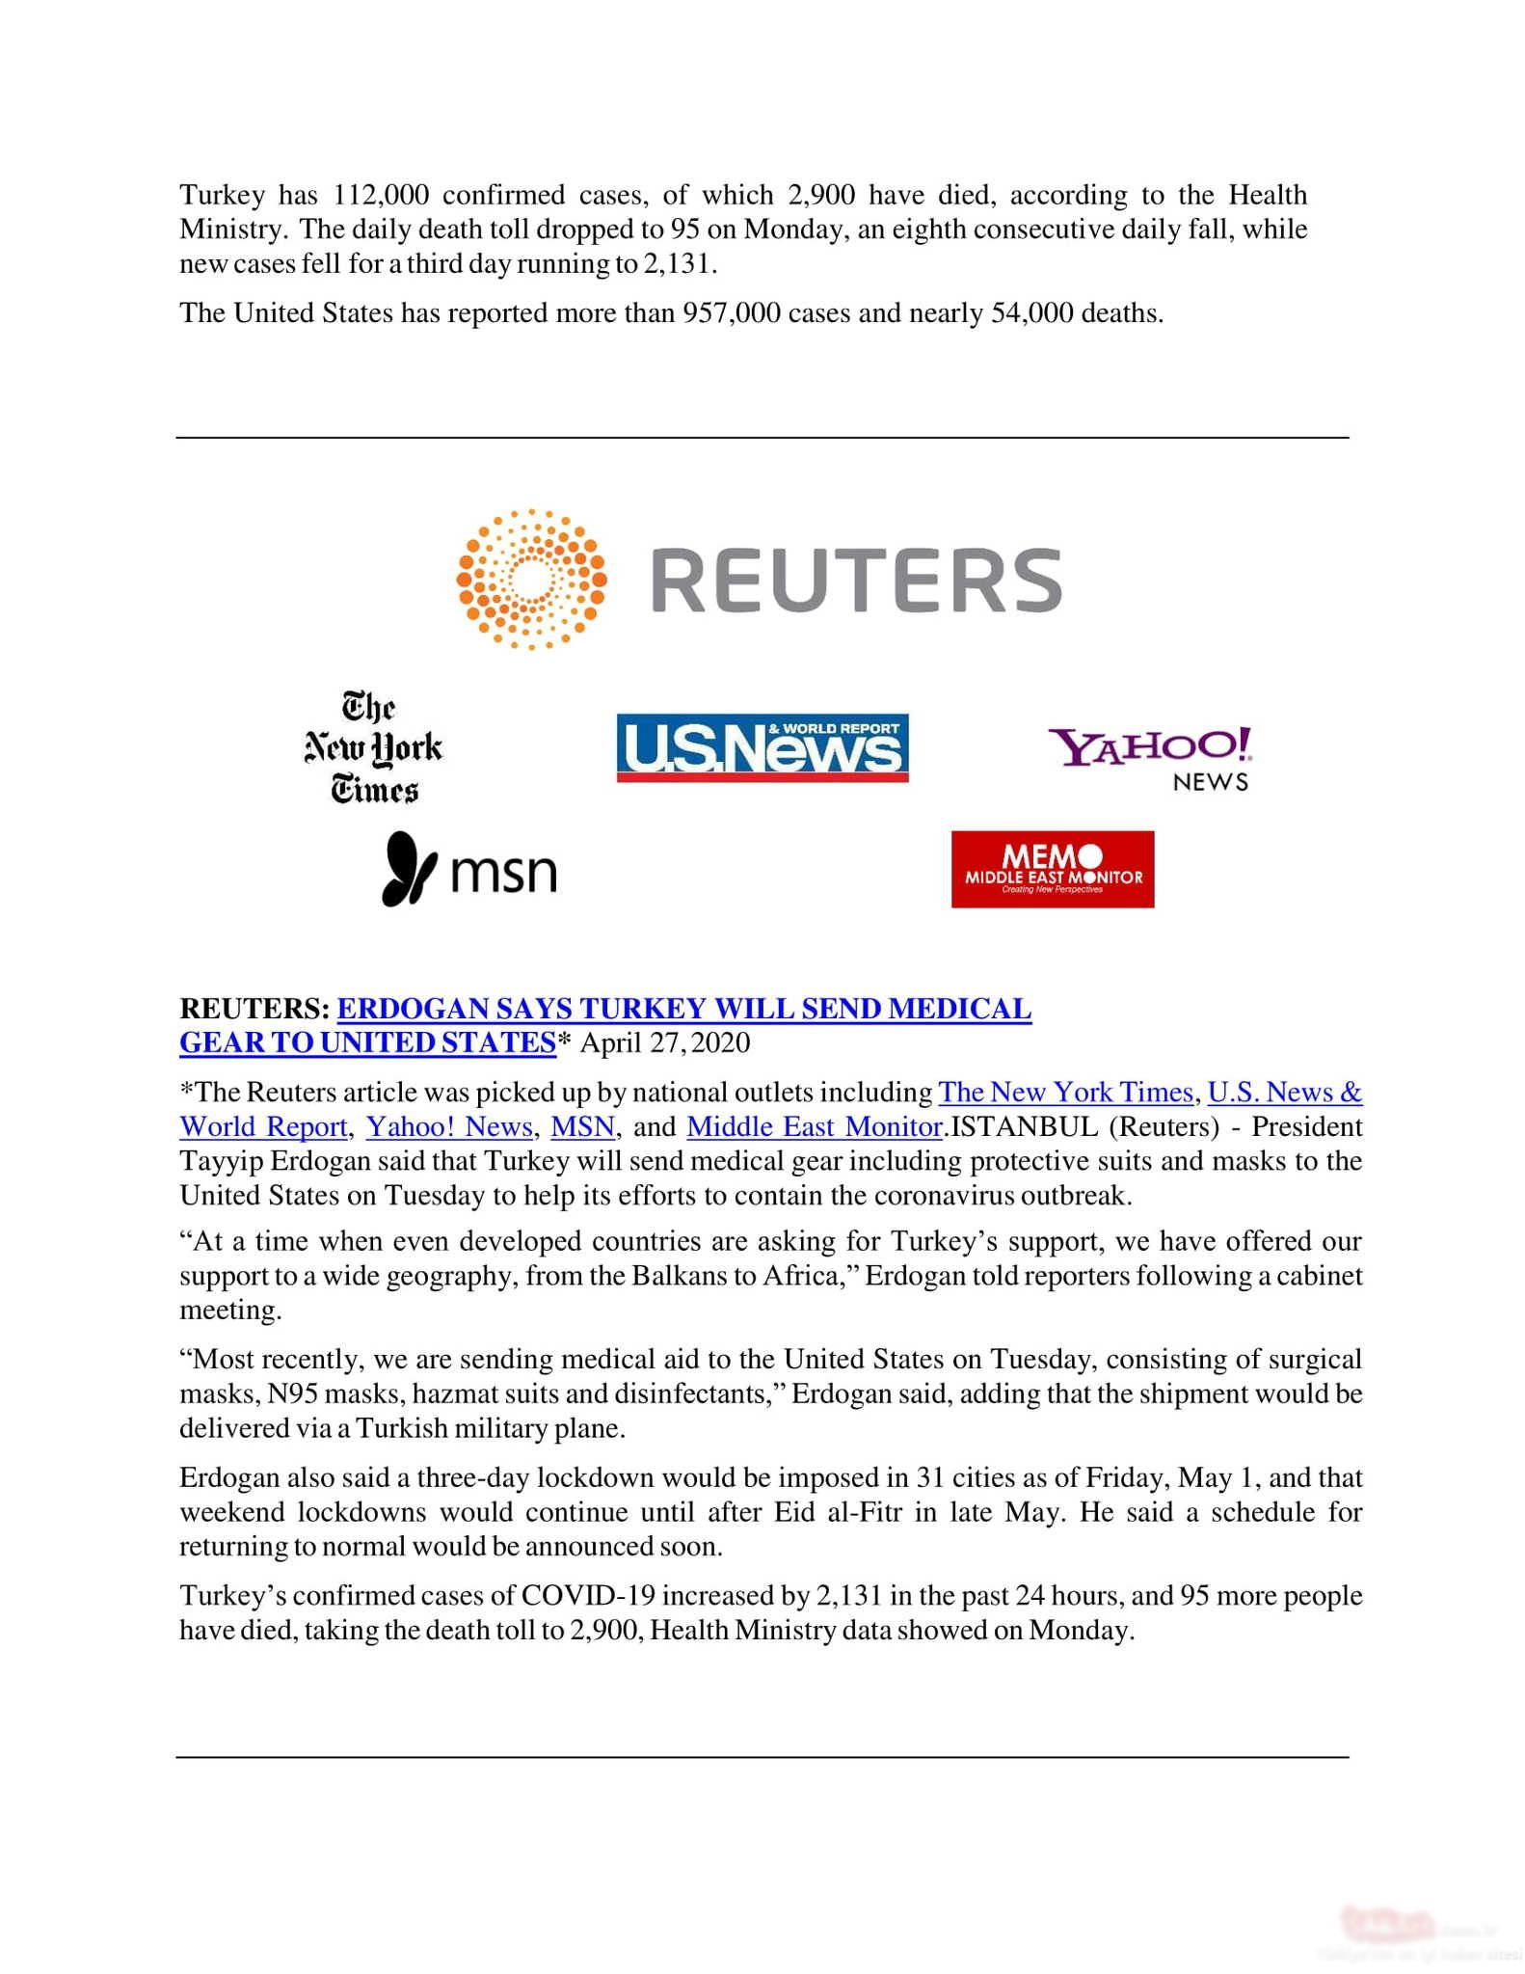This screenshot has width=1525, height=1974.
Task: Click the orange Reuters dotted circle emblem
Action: click(531, 579)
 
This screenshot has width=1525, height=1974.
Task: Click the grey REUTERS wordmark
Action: click(856, 581)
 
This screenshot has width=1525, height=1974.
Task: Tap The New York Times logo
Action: click(374, 747)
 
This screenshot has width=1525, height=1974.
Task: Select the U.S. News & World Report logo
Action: click(762, 747)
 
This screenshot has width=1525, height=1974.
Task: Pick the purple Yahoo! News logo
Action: click(1151, 758)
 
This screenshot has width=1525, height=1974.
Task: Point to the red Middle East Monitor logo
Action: click(1053, 869)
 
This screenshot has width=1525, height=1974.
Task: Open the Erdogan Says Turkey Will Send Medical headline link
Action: click(683, 1009)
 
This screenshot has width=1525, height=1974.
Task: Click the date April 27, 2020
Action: click(664, 1042)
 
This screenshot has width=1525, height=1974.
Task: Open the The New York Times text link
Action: click(1065, 1092)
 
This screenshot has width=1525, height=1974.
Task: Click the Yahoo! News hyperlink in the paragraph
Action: click(449, 1126)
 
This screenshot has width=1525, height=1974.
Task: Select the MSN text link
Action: click(582, 1126)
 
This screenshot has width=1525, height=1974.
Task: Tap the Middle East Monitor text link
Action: click(814, 1126)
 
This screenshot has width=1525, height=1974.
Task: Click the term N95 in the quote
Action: click(291, 1393)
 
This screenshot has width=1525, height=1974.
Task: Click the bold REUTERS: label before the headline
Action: click(254, 1009)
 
